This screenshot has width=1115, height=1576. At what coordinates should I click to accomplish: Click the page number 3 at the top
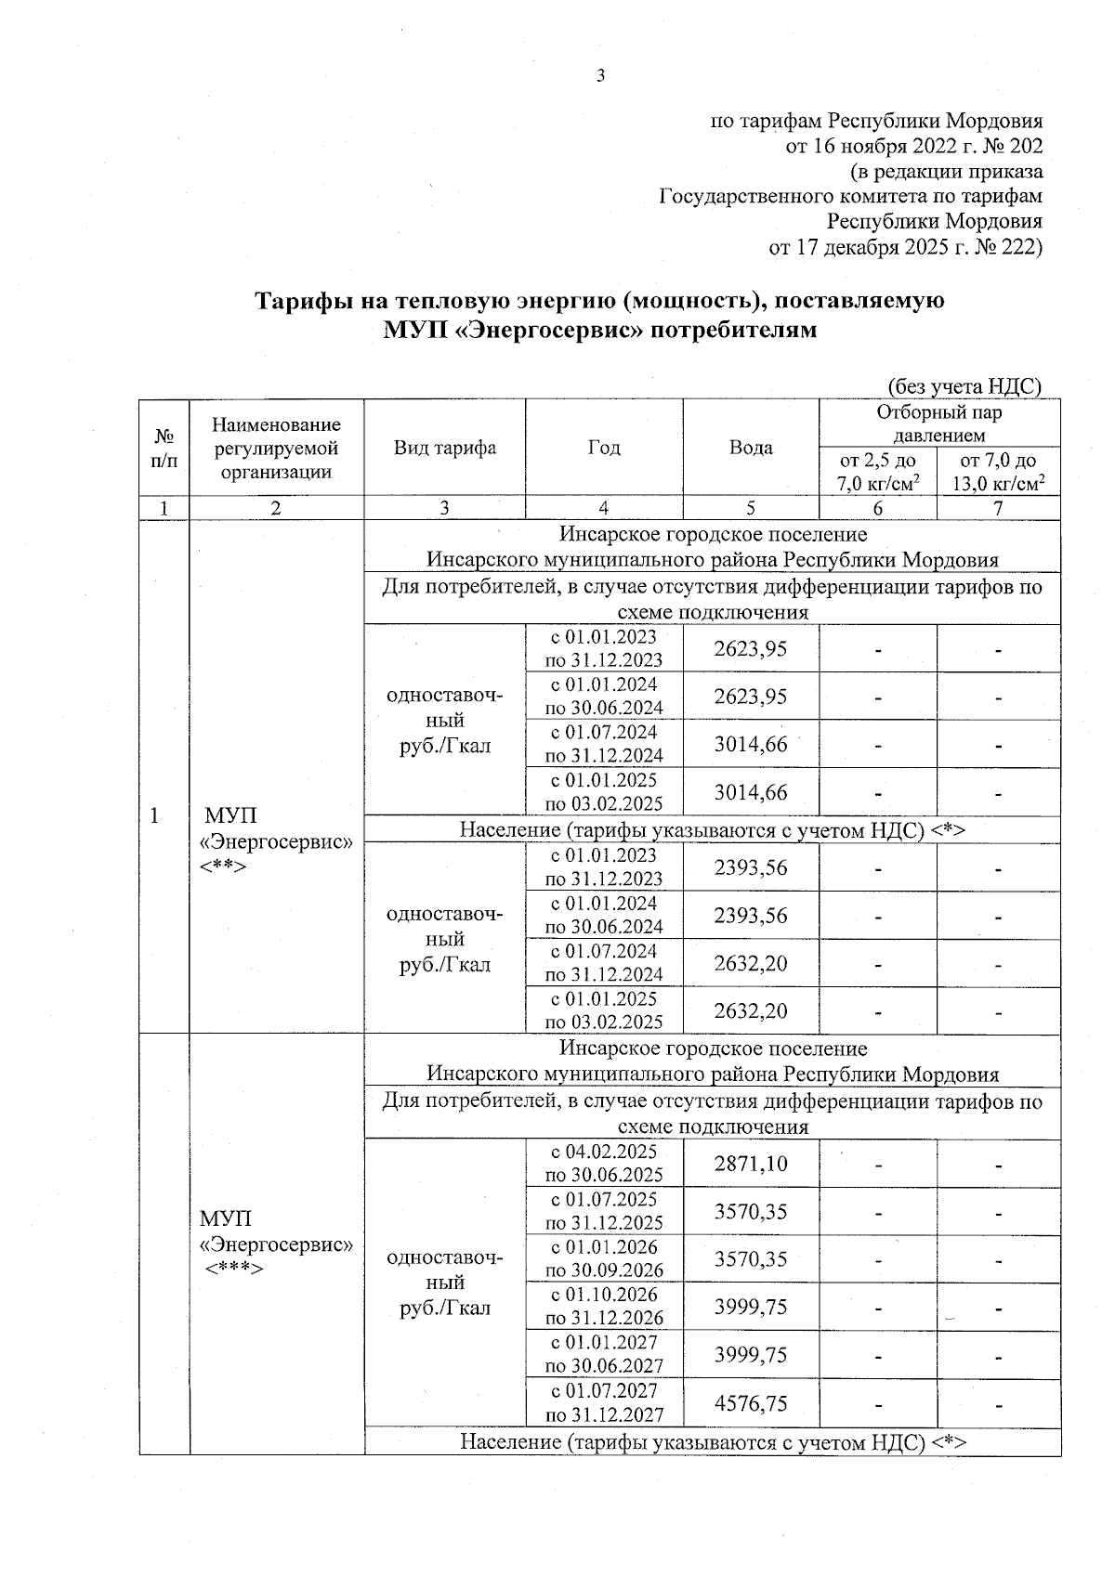600,76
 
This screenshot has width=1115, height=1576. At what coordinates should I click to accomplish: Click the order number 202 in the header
1024,146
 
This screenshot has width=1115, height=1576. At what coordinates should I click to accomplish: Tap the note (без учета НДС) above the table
964,385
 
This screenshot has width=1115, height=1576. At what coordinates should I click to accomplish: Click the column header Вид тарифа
444,448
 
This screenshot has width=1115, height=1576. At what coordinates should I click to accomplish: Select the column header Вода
751,448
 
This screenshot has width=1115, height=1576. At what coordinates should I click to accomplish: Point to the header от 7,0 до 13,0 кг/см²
998,471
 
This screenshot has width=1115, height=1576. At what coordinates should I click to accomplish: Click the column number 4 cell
604,508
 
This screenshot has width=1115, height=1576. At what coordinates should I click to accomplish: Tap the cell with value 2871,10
751,1164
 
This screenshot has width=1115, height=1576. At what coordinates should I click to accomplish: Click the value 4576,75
751,1403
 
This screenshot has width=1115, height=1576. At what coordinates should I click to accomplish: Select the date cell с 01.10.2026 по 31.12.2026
604,1307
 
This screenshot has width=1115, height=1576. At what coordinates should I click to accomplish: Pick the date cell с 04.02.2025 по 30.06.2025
604,1164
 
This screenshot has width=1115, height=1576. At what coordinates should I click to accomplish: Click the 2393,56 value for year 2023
751,867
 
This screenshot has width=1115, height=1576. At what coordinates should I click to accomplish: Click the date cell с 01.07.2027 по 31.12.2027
604,1403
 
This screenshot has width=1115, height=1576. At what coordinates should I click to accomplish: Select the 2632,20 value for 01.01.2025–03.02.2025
751,1010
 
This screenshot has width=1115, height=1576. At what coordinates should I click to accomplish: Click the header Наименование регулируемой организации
276,448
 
